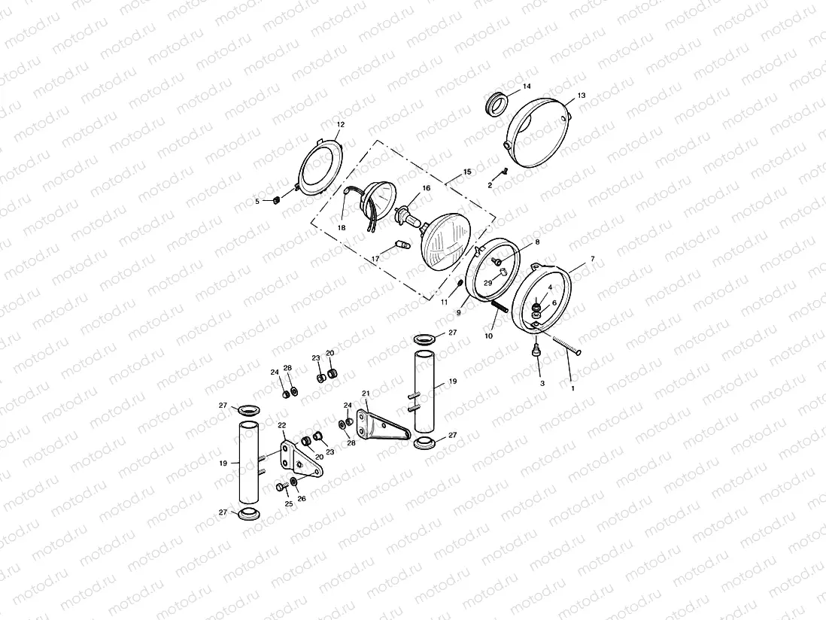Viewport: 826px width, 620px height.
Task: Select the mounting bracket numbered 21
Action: point(384,426)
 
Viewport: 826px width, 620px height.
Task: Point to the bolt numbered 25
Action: point(281,488)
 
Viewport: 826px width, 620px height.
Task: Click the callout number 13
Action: point(581,96)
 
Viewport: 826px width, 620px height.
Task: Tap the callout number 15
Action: point(467,172)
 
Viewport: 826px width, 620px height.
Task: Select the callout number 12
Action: point(340,124)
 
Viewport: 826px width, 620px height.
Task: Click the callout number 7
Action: point(592,259)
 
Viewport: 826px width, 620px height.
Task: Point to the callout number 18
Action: point(342,227)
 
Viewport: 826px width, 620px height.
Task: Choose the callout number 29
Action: point(487,283)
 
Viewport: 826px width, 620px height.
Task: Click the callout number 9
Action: point(458,312)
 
